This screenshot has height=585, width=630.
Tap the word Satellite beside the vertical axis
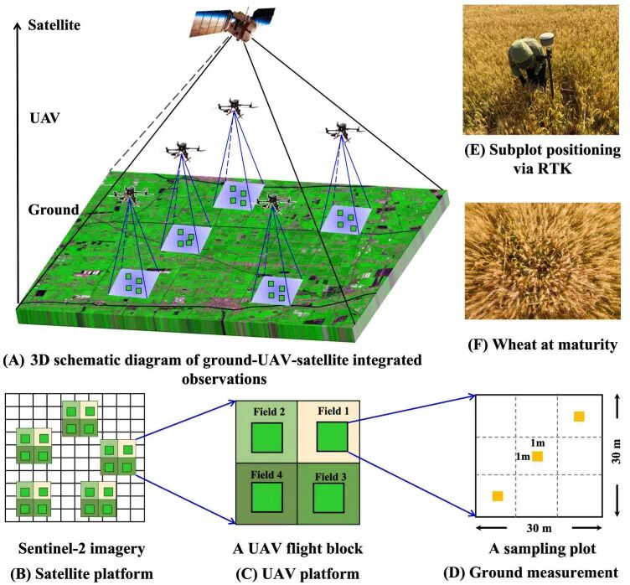coord(54,26)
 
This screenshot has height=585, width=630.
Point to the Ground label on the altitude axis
coord(54,210)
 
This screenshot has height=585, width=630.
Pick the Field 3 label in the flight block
coord(334,477)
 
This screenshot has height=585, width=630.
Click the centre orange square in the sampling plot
coord(538,456)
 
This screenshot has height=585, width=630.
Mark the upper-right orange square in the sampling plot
coord(578,417)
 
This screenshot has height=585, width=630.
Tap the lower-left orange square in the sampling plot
coord(497,496)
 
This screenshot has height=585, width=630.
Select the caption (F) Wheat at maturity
coord(540,344)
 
